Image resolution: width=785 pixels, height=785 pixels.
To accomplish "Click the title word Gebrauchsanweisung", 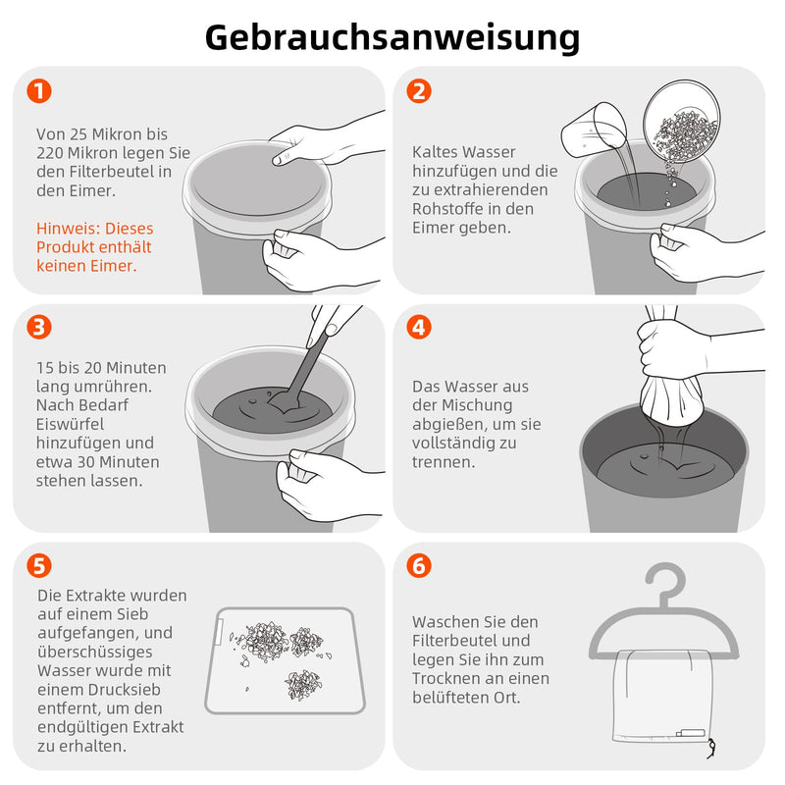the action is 392,38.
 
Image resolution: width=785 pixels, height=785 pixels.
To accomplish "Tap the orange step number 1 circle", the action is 39,91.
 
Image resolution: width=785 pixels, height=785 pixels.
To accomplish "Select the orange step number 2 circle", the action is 419,91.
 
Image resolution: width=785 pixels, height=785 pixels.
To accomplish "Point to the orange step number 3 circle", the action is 39,327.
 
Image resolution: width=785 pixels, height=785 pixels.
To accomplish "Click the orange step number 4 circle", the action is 419,327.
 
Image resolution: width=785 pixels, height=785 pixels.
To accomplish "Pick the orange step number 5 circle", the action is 39,566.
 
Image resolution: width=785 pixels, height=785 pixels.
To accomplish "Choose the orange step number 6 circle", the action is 419,566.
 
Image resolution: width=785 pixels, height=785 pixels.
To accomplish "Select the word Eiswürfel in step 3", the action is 70,424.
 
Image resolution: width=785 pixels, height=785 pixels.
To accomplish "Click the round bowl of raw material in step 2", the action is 682,122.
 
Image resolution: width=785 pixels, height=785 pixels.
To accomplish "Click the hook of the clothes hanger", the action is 666,581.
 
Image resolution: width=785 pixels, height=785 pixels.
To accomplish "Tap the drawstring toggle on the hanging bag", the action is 710,749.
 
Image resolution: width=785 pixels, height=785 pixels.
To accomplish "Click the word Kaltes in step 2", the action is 435,152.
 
